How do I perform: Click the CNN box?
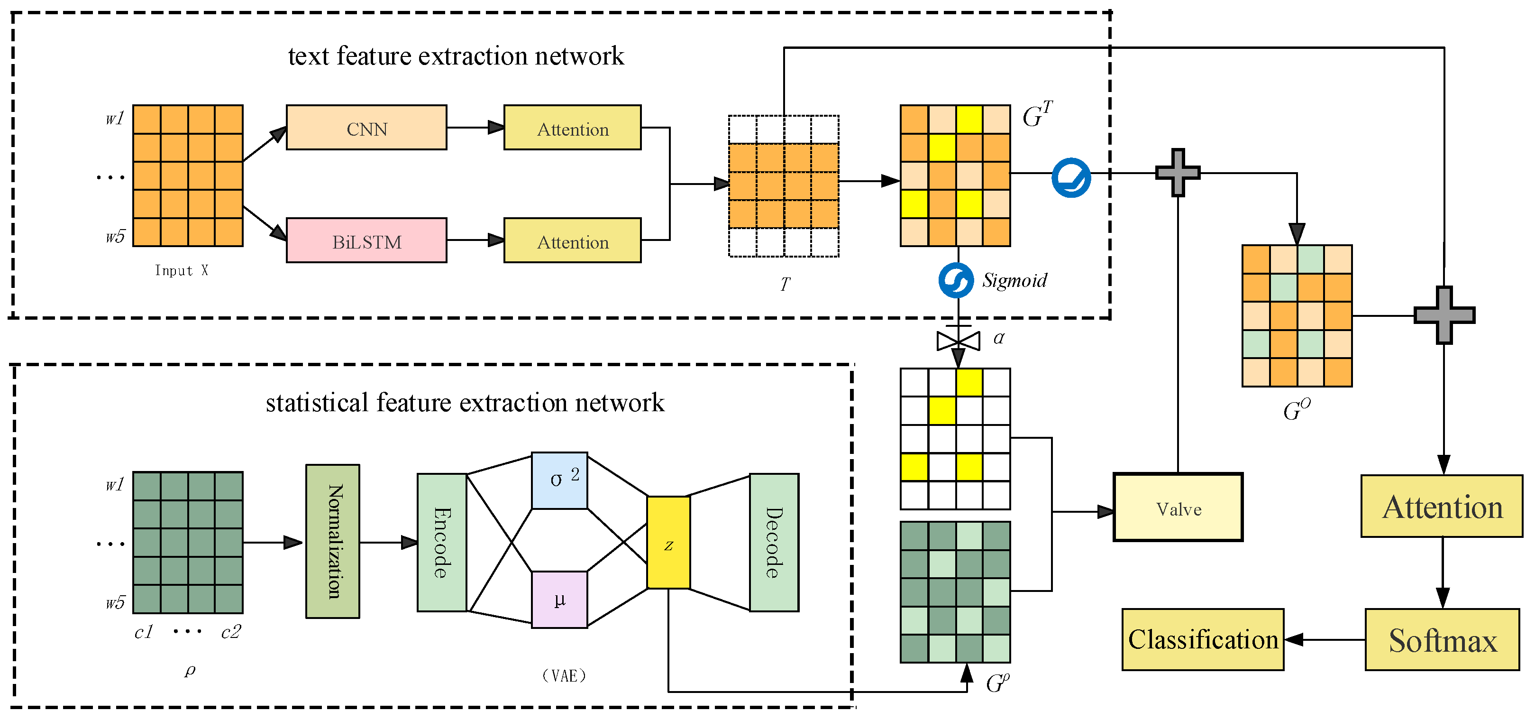[x=366, y=128]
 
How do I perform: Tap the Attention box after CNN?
[x=572, y=128]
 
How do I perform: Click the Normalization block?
[x=332, y=541]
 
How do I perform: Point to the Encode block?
[x=441, y=543]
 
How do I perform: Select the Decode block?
[x=774, y=543]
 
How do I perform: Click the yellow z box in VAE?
[x=668, y=543]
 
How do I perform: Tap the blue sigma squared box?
[x=559, y=480]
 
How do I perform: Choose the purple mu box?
[x=559, y=600]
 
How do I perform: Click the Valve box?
[x=1178, y=508]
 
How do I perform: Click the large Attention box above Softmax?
[x=1442, y=507]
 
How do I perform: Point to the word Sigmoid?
[x=1014, y=280]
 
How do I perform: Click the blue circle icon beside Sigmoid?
[x=956, y=280]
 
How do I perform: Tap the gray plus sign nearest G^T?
[x=1178, y=173]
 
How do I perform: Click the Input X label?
[x=181, y=271]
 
